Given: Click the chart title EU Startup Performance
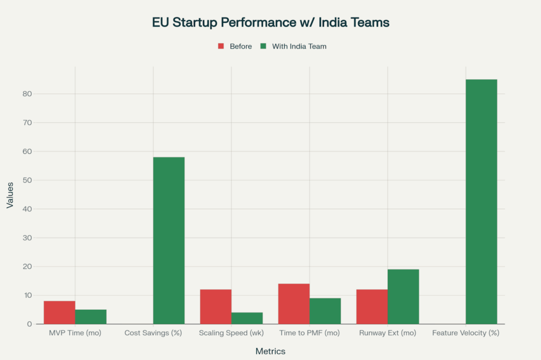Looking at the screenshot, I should (270, 23).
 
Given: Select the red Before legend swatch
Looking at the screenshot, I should (221, 46).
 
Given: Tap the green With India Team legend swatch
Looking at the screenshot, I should (264, 46).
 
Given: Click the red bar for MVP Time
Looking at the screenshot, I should (59, 312).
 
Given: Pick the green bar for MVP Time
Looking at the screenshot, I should (90, 316).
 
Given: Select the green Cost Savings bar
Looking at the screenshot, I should (169, 240).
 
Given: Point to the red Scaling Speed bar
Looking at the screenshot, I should (216, 306).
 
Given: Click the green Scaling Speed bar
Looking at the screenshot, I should (247, 318).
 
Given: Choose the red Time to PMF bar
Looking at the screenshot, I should (294, 304).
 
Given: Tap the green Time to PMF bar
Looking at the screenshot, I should (325, 311).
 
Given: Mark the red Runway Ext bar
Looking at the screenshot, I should (372, 306).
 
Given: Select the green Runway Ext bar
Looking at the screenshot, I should (403, 296).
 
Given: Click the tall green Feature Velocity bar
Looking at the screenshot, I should (481, 201).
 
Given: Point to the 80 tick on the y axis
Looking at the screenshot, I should (27, 94).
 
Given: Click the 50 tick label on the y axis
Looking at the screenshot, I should (27, 181).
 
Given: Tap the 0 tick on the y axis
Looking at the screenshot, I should (30, 324).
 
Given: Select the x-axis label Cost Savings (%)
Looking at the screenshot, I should (153, 334).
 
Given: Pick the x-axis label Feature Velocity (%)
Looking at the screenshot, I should (465, 334).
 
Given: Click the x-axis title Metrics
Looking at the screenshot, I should (270, 351).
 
